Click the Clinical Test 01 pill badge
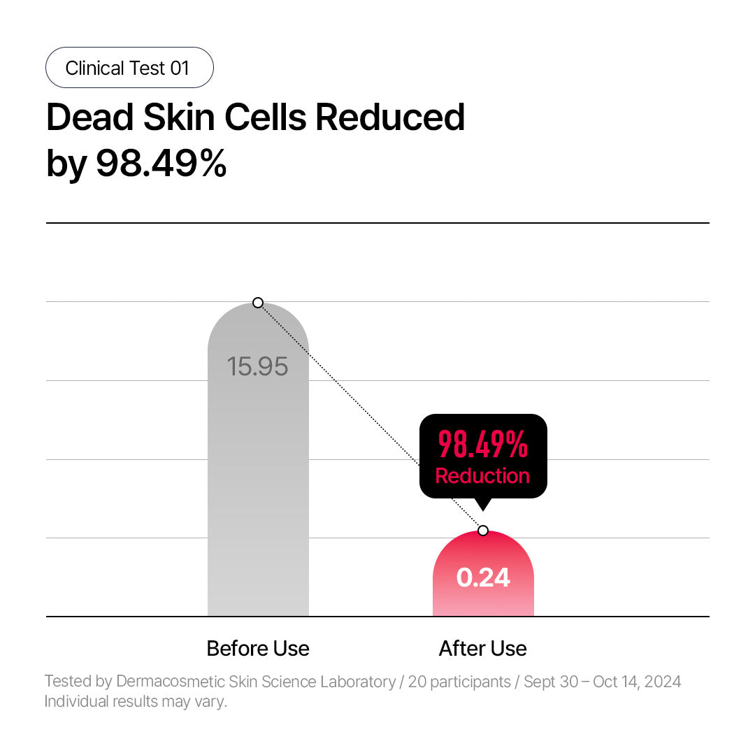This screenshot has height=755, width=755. (129, 68)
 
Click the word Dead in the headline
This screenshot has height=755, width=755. (89, 117)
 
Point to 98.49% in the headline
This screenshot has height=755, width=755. (161, 164)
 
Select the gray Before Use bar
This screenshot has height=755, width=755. (258, 489)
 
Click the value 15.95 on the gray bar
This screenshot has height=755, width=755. (258, 366)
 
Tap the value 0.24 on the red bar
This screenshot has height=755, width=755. (483, 578)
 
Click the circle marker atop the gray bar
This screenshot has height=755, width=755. (258, 303)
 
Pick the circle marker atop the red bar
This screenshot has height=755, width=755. (483, 531)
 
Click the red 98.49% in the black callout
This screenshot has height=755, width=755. (483, 445)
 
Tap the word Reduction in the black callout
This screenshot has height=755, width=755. (483, 476)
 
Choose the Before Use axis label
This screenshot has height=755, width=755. (258, 649)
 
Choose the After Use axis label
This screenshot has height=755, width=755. (483, 649)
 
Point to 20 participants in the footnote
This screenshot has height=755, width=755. (459, 682)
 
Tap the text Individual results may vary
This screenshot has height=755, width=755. (136, 701)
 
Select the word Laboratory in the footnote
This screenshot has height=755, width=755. (357, 682)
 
